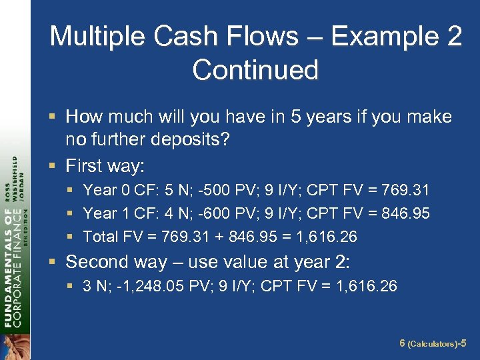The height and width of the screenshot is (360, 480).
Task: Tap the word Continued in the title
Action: tap(255, 69)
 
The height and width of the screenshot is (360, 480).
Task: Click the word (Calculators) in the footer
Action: tap(432, 345)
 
